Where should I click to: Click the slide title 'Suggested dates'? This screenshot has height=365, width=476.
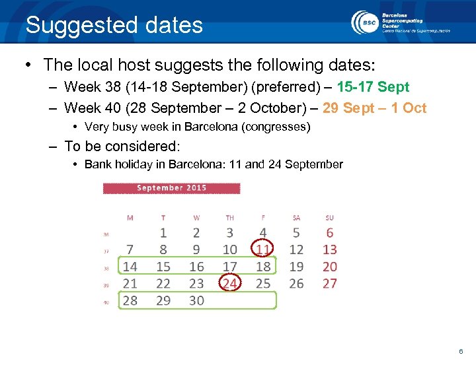click(x=114, y=26)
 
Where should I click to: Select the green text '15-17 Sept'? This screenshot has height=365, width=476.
click(x=373, y=87)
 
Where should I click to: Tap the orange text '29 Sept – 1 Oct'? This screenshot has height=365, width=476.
click(x=374, y=108)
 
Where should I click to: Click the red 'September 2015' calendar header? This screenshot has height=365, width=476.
click(x=171, y=188)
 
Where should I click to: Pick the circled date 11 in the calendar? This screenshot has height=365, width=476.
click(x=263, y=249)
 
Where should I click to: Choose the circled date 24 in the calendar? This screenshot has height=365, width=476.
click(x=229, y=283)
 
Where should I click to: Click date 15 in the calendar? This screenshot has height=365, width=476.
click(x=163, y=267)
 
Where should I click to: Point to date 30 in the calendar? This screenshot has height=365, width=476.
click(x=196, y=300)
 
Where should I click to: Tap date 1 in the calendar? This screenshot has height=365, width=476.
click(x=163, y=233)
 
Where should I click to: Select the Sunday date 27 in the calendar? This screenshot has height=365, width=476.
click(x=329, y=283)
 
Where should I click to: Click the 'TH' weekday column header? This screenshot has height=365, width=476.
click(x=229, y=218)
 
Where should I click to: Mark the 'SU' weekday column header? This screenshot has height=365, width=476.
click(x=329, y=218)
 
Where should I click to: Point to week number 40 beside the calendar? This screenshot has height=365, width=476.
click(x=107, y=302)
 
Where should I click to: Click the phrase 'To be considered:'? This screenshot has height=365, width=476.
click(x=122, y=146)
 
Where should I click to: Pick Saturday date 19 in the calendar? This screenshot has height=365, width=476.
click(x=296, y=267)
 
